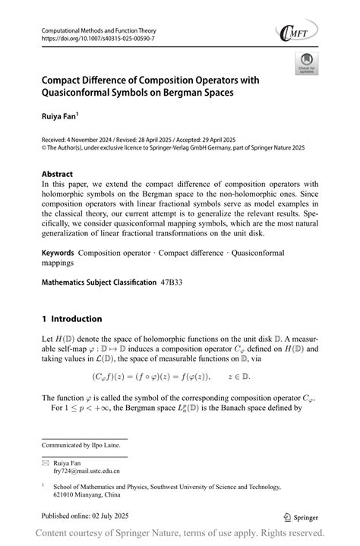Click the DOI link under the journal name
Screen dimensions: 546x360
click(90, 39)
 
